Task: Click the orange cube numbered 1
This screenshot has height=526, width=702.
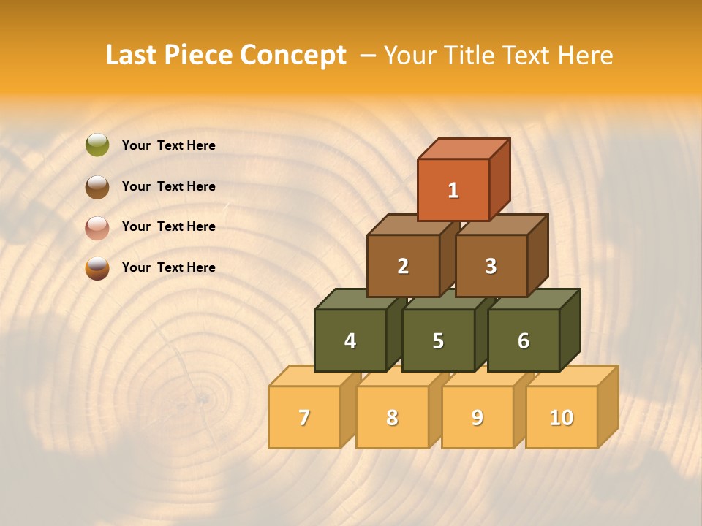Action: (x=453, y=190)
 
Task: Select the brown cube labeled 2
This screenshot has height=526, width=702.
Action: (x=403, y=266)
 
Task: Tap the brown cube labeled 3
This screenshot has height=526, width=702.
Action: (x=491, y=266)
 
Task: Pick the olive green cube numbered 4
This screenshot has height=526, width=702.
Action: (x=350, y=340)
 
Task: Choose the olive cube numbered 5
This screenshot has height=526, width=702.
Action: (x=438, y=340)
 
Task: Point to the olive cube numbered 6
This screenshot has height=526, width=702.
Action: (x=524, y=340)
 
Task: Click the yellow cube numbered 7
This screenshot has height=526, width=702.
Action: (x=304, y=417)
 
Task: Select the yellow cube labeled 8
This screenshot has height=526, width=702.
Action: (x=392, y=417)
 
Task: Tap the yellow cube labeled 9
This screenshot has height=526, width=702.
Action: (x=478, y=417)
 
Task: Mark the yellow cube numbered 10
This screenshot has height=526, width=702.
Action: (x=562, y=417)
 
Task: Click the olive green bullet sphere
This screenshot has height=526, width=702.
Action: (x=97, y=145)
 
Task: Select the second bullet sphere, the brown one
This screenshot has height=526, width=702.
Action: (x=97, y=186)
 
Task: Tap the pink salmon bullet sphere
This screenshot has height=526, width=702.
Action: (x=97, y=227)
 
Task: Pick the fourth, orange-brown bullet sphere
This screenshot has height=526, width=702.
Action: (x=97, y=268)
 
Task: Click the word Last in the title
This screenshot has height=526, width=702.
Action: (x=132, y=56)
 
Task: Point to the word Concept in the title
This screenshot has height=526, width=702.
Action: (x=293, y=56)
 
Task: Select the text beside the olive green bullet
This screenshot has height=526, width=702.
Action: (x=168, y=145)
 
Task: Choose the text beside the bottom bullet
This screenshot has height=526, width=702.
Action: (x=168, y=267)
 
